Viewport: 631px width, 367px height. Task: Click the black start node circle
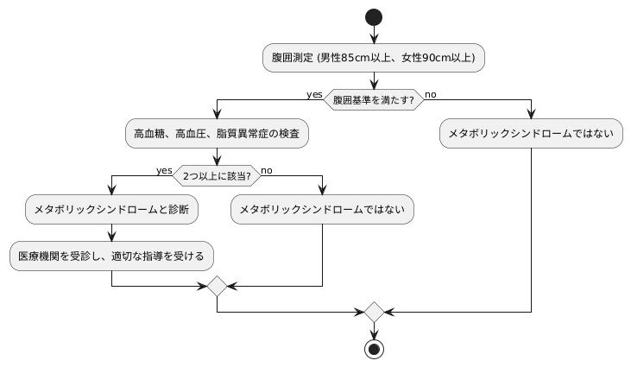(374, 16)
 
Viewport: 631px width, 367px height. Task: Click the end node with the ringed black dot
(374, 349)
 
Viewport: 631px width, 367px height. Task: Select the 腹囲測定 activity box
(374, 58)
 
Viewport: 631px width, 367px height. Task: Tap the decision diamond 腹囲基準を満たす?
(374, 100)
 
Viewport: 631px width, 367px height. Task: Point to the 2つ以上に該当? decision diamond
(217, 176)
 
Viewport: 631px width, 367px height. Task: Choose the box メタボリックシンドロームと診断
(112, 210)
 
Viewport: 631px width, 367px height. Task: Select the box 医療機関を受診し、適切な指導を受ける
(112, 256)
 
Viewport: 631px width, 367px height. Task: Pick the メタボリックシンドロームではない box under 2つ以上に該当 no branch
(323, 210)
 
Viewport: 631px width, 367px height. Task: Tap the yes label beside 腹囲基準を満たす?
(314, 94)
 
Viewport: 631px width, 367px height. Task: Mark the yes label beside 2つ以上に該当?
(164, 170)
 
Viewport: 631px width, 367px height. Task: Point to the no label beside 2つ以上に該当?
(267, 170)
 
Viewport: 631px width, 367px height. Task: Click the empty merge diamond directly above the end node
(374, 310)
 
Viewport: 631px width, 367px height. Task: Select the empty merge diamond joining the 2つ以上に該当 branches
(217, 285)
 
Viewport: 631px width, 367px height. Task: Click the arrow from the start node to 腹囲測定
(374, 35)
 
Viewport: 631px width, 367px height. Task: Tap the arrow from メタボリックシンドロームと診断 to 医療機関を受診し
(112, 232)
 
